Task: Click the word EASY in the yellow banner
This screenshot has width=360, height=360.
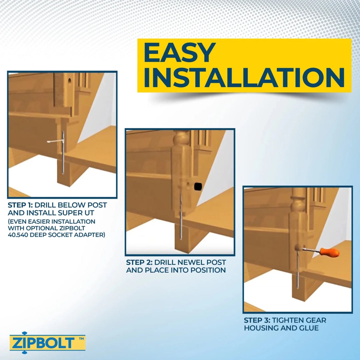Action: coord(179,53)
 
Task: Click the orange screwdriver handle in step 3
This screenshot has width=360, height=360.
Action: coord(330,252)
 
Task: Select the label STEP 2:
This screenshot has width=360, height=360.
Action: coord(139,263)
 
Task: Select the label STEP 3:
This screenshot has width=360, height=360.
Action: coord(257,320)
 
